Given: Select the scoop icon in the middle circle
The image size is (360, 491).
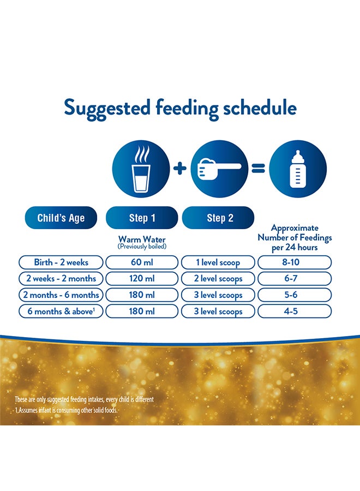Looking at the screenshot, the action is [219, 169].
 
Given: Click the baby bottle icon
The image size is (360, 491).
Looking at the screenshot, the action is [298, 169].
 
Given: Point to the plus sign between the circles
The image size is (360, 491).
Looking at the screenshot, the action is [180, 169].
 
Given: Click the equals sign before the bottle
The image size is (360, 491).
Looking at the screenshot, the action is [258, 169].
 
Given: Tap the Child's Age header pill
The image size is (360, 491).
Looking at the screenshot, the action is [61, 218].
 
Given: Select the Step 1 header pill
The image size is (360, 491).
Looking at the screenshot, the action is [142, 218].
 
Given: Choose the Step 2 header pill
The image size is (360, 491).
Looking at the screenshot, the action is [218, 218].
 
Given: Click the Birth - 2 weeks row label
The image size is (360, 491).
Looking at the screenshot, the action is [61, 262].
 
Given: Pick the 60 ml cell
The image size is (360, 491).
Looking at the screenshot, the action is [142, 262].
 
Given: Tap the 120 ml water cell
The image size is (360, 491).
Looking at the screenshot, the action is [142, 279].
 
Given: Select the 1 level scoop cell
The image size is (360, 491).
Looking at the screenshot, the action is [218, 262].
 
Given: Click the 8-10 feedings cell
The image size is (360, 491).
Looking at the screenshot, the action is [295, 262].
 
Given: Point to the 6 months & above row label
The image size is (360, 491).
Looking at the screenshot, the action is [61, 312].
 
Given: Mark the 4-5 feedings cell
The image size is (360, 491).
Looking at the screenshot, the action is [295, 312].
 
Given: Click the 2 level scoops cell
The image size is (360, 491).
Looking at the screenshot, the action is [218, 279].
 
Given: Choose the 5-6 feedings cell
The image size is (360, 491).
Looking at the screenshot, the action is [295, 295].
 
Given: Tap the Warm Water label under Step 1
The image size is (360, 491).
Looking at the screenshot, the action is [142, 239].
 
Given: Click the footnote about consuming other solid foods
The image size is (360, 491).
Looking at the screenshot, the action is [66, 410].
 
